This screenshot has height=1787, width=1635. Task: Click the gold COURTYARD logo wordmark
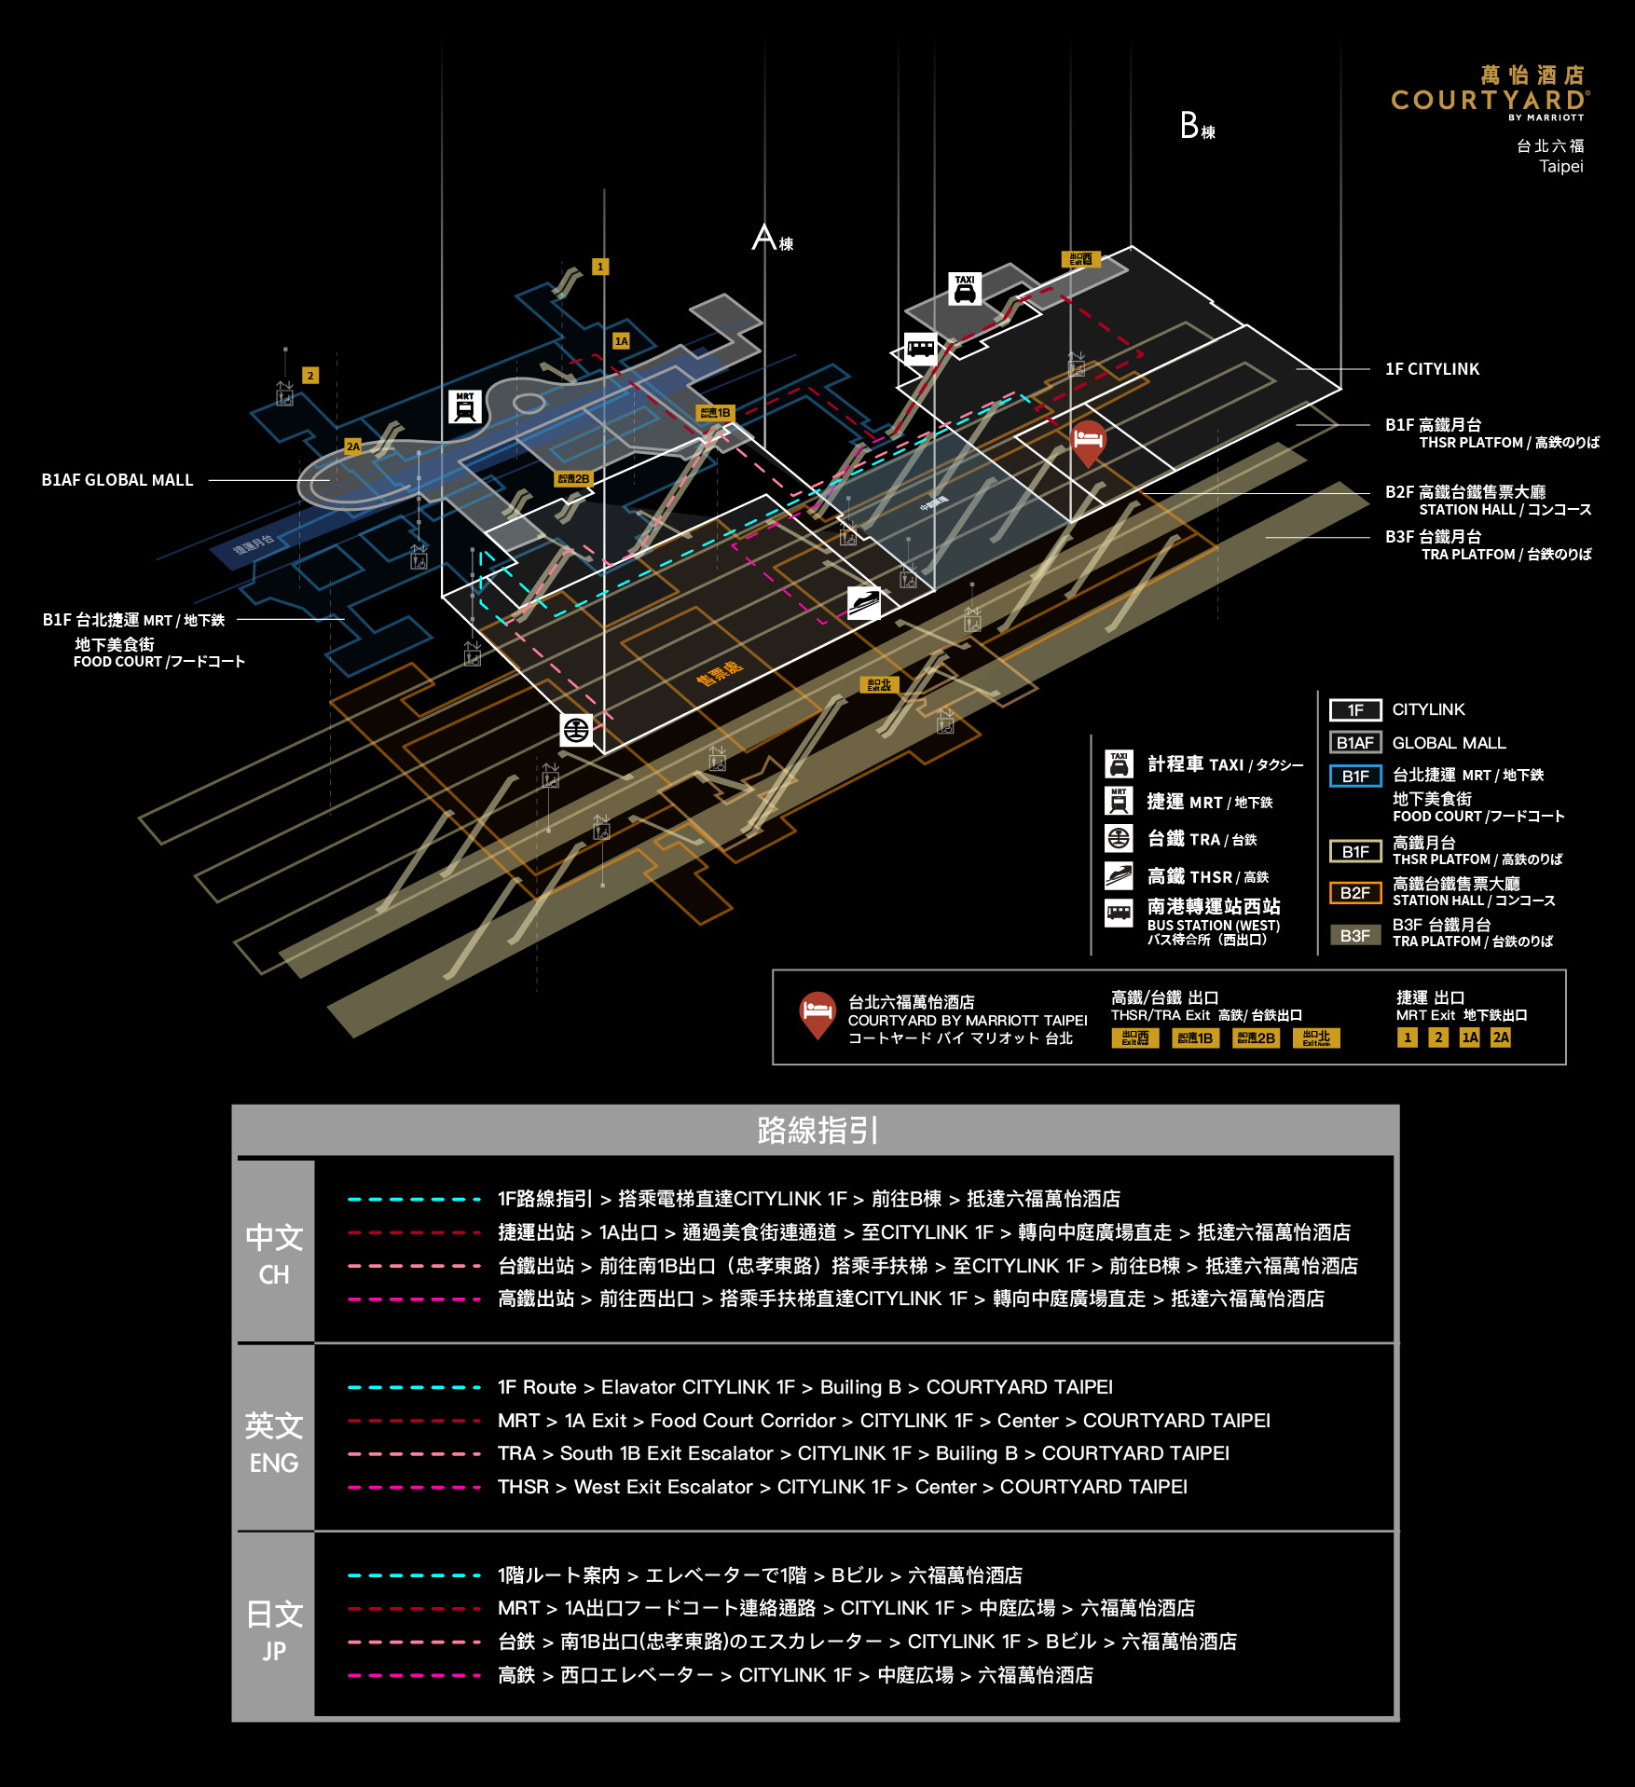(1489, 100)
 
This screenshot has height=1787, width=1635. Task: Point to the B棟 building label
(1196, 126)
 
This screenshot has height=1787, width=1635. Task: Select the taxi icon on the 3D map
(965, 289)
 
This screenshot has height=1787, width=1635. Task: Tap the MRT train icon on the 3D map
(464, 407)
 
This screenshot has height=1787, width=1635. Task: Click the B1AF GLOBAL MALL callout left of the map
(117, 480)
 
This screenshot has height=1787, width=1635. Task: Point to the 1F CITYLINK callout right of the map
(1432, 369)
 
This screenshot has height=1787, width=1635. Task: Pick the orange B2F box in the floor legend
(1354, 893)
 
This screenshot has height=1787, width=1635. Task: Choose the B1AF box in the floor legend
(1354, 743)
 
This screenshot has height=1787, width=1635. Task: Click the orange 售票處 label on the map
(719, 672)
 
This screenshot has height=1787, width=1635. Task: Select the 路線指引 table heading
(817, 1130)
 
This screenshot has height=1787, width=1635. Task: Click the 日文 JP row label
(274, 1629)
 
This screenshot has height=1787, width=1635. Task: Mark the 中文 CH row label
(274, 1253)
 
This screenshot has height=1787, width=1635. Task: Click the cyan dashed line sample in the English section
(414, 1387)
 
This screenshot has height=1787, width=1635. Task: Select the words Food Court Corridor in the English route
(742, 1421)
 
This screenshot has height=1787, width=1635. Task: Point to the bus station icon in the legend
(1119, 912)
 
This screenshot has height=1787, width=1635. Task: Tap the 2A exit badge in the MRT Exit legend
(1500, 1038)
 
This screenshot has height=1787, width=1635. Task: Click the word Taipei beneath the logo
(1560, 167)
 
